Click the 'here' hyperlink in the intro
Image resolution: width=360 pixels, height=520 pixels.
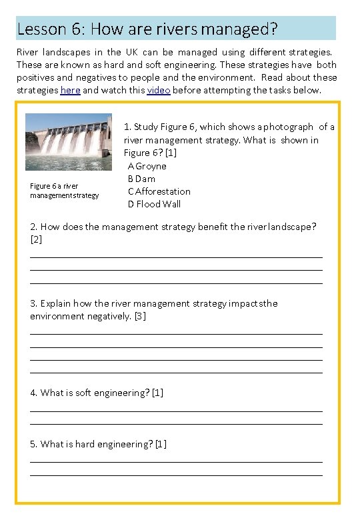tap(70, 90)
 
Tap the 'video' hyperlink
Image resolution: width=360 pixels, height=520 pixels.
tap(159, 90)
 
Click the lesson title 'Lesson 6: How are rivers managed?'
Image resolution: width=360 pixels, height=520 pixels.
tap(147, 29)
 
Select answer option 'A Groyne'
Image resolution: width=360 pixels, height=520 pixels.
tap(147, 166)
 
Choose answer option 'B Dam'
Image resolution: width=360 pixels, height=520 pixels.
tap(142, 179)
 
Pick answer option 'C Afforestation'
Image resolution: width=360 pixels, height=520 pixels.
tap(159, 191)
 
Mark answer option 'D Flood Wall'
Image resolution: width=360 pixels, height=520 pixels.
tap(155, 204)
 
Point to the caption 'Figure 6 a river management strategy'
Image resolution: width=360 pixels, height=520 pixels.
tap(64, 191)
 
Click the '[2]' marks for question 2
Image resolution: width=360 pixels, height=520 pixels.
tap(36, 239)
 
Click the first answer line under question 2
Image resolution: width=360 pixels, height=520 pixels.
tap(177, 257)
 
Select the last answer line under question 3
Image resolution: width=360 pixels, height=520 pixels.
tap(177, 372)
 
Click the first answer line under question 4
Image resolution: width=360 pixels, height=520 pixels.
tap(177, 411)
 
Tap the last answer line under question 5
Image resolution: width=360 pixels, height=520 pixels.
tap(177, 475)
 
